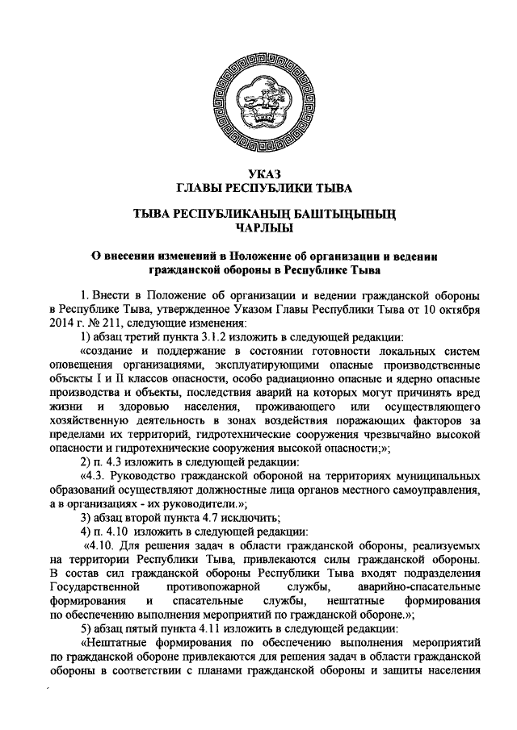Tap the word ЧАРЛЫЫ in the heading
pyautogui.click(x=258, y=227)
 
